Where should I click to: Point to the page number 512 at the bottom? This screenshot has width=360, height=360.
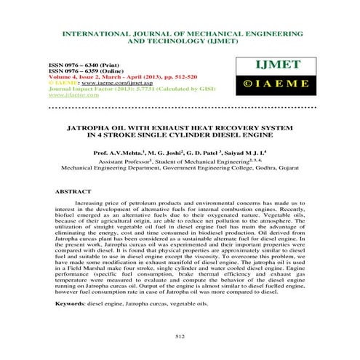click(x=180, y=335)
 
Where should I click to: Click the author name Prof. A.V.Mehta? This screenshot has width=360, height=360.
click(x=119, y=154)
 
